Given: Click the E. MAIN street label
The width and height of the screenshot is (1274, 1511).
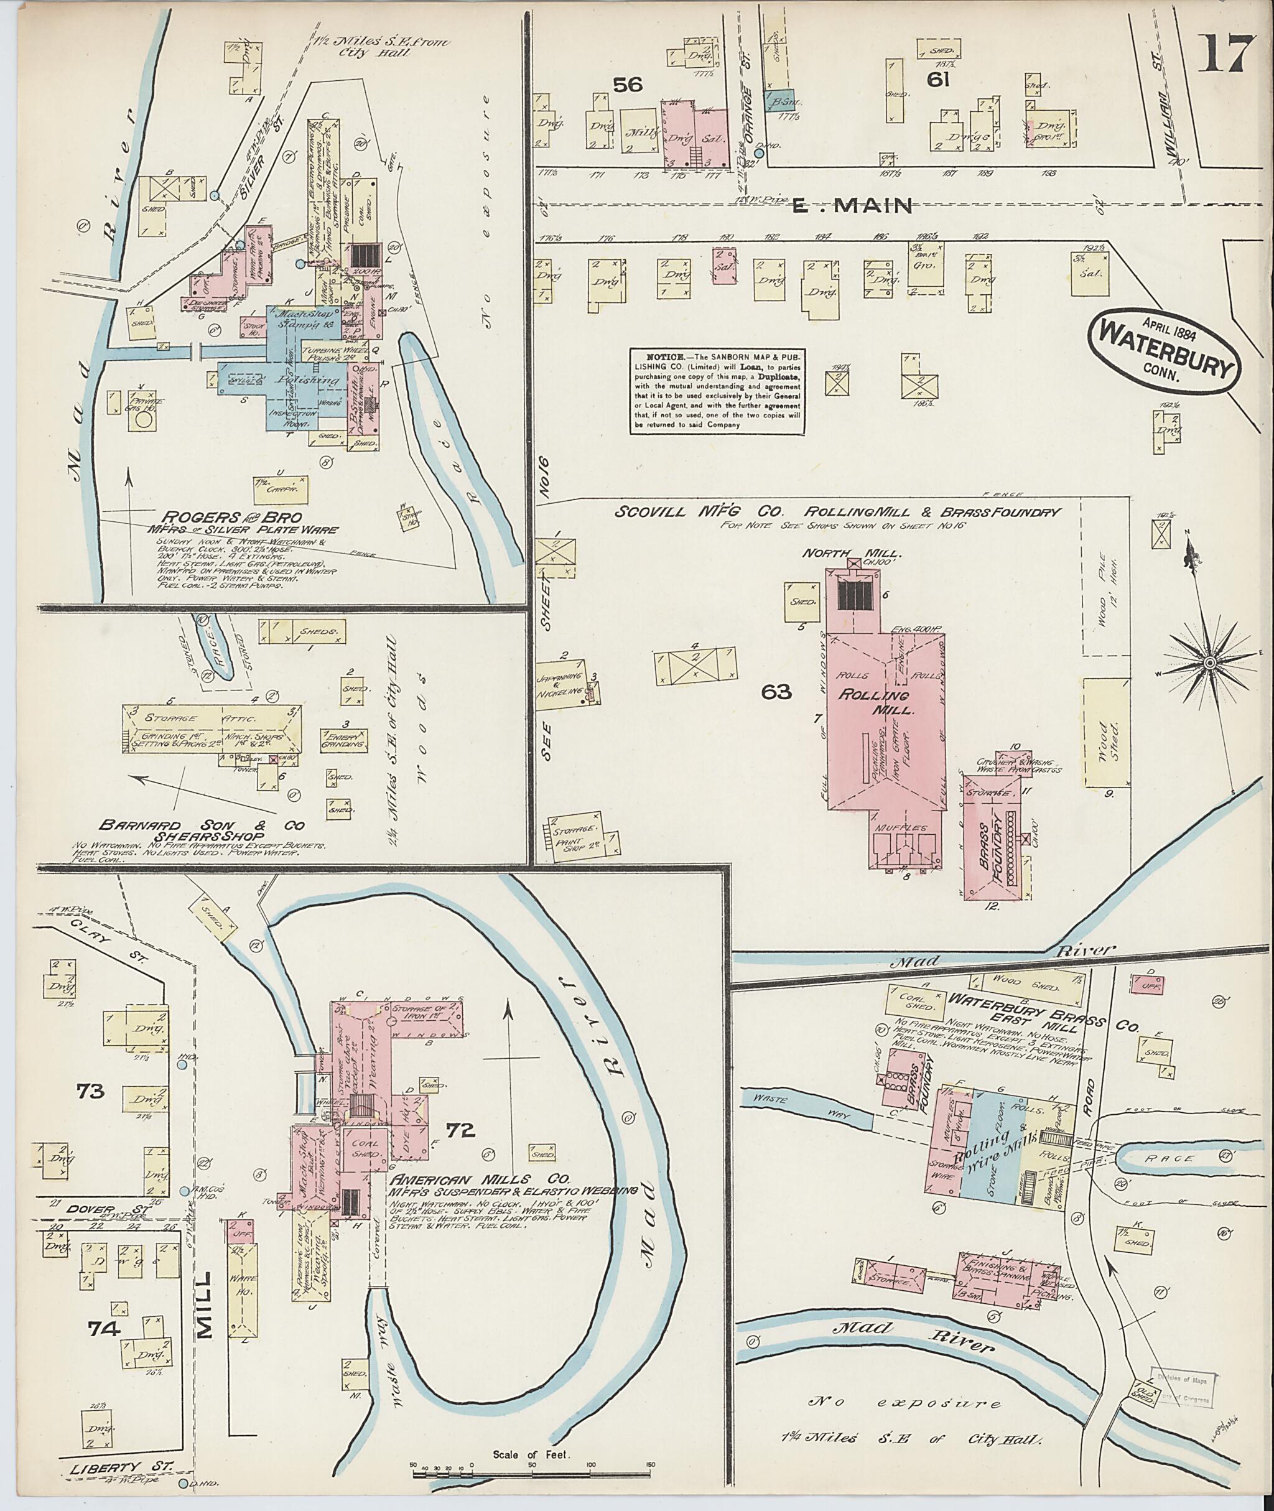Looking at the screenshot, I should click(x=852, y=207).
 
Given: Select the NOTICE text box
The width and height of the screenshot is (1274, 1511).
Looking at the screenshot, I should click(x=717, y=391).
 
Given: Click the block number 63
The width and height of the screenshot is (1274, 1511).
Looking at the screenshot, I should click(x=776, y=692).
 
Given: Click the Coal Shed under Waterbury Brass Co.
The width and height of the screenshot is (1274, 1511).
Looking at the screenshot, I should click(x=914, y=1001).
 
